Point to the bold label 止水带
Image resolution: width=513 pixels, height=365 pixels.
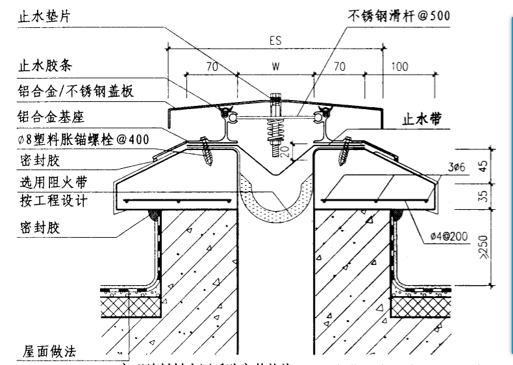tap(423, 120)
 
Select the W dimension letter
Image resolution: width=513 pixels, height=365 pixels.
tap(275, 66)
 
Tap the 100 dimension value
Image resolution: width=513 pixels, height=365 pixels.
tap(401, 66)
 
